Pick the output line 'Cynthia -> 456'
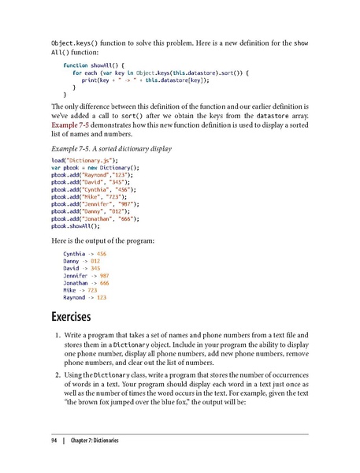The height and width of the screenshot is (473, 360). (x=85, y=253)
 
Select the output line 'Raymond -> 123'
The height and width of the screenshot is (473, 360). (x=85, y=299)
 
